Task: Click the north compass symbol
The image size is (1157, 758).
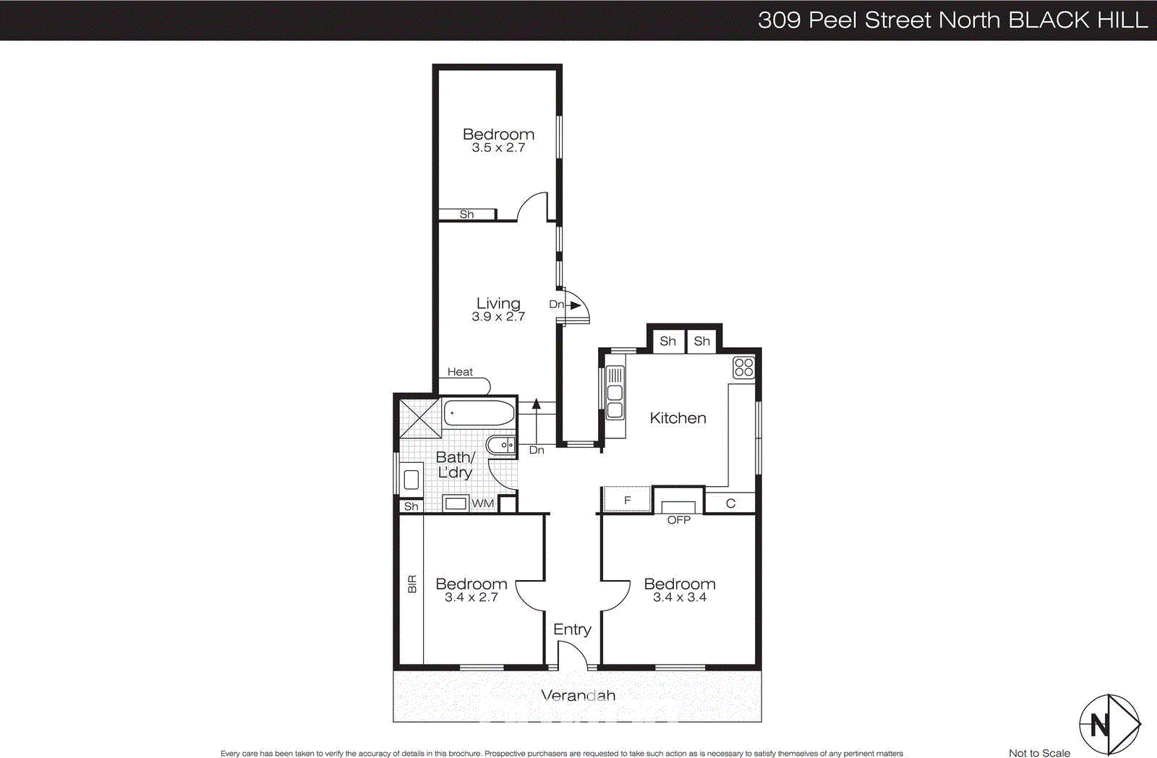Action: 1109,724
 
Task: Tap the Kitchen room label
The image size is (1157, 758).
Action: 678,418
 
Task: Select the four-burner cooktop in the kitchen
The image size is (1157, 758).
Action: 743,367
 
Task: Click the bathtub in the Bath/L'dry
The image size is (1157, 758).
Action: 479,414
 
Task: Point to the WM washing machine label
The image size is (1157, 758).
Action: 482,503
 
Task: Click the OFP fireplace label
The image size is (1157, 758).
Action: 678,520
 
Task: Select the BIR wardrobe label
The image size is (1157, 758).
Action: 412,584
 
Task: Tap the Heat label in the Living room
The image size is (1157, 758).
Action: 460,372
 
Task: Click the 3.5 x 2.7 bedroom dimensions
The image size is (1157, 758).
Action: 498,148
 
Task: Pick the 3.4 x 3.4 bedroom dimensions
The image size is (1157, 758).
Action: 679,597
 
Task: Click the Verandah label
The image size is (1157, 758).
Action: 578,696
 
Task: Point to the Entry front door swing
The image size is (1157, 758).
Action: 572,655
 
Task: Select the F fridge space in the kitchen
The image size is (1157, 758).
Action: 627,500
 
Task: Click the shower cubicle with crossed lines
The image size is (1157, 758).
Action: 420,417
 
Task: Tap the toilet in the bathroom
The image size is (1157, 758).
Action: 500,446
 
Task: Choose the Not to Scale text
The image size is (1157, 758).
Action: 1038,753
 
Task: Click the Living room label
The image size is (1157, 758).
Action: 498,304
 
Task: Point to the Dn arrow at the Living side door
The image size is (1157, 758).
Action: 574,305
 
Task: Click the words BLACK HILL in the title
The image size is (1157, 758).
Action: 1077,20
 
